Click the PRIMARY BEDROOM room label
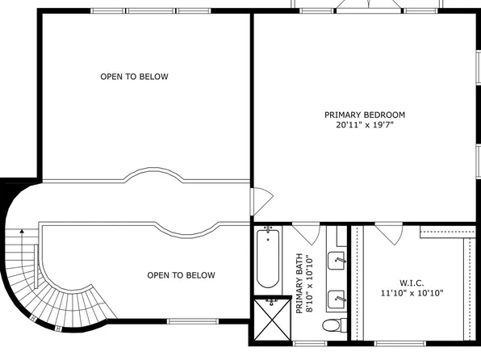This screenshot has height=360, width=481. [x=364, y=115]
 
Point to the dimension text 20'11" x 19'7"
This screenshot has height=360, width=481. [x=364, y=125]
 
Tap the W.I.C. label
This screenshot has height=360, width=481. [x=412, y=283]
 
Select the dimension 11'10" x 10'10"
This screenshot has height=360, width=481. [x=412, y=294]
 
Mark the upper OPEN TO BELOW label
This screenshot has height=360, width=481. [x=134, y=77]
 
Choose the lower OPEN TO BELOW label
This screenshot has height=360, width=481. [x=181, y=275]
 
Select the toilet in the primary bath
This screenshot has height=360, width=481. [x=332, y=325]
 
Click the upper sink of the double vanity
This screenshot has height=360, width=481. [x=338, y=260]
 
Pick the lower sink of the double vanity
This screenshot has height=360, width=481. [x=338, y=298]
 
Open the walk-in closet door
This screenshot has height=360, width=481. [x=387, y=233]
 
